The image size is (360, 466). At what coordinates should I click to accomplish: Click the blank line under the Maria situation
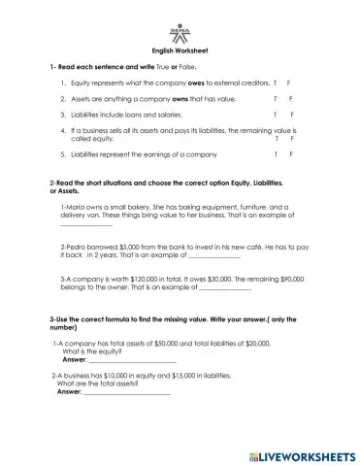tap(86, 227)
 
